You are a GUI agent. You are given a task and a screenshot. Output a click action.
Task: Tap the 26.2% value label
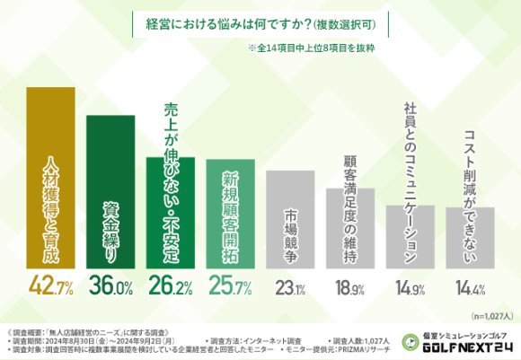pyautogui.click(x=170, y=287)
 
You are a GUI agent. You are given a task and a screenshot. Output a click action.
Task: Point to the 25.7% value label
pyautogui.click(x=230, y=287)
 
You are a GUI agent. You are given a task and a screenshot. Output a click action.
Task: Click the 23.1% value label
pyautogui.click(x=289, y=287)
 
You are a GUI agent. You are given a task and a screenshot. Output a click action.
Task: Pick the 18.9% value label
pyautogui.click(x=349, y=287)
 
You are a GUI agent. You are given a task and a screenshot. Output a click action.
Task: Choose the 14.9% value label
pyautogui.click(x=410, y=287)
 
